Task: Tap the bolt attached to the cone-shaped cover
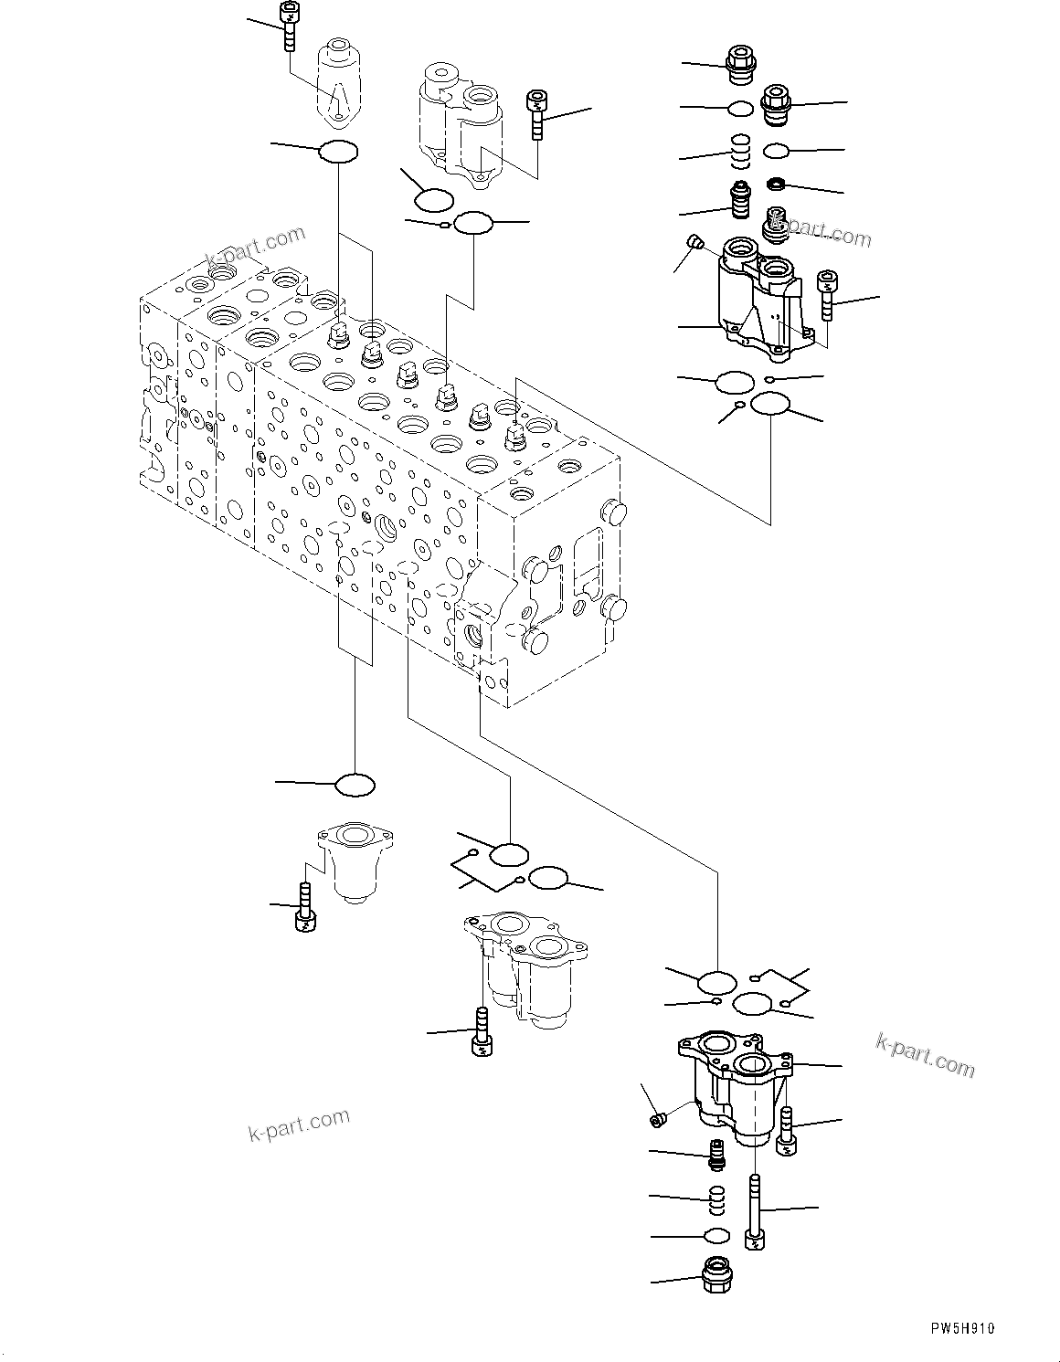[x=289, y=27]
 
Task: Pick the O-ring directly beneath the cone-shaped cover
[x=337, y=152]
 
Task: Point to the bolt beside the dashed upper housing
[x=536, y=113]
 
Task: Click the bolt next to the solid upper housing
[x=828, y=295]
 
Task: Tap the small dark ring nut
[x=777, y=185]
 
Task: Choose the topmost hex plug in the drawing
[x=739, y=60]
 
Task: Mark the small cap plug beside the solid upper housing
[x=694, y=242]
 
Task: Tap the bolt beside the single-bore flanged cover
[x=305, y=908]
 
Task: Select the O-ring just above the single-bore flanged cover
[x=355, y=784]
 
